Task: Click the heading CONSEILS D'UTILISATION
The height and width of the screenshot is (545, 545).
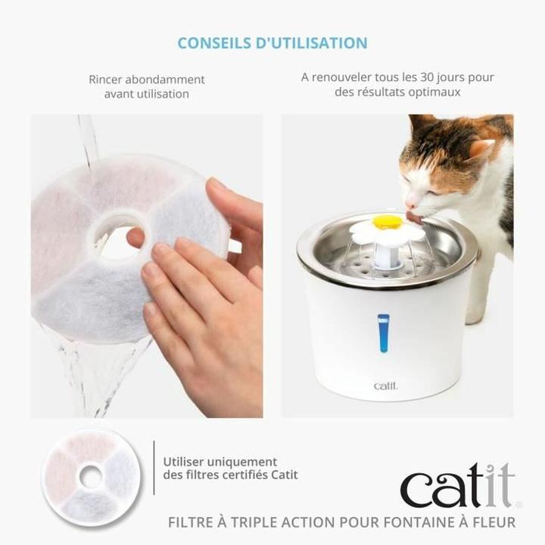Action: coord(272,43)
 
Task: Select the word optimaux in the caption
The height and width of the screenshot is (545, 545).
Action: coord(438,92)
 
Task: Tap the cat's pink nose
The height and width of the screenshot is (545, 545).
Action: coord(410,204)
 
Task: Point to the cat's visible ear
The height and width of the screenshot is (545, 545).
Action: coord(480,148)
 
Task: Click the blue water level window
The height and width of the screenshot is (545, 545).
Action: coord(383,333)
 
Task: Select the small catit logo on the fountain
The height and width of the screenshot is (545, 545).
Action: coord(385,386)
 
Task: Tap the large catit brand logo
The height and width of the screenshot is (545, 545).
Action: coord(457,487)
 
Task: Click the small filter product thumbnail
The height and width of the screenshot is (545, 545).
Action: coord(91,476)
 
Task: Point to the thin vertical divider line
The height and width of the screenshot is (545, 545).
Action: coord(154,468)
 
